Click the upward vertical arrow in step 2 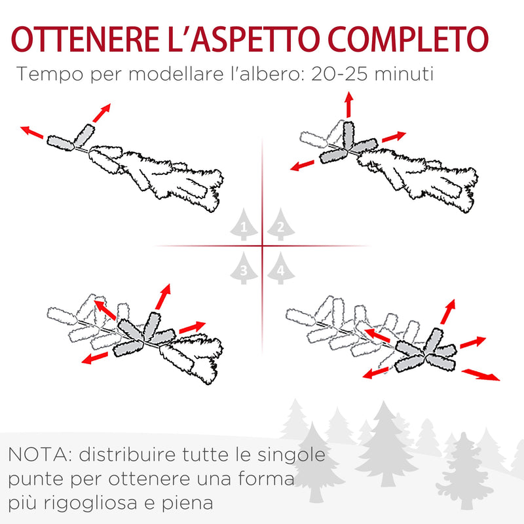[348, 105]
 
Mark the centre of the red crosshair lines [262, 246]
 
